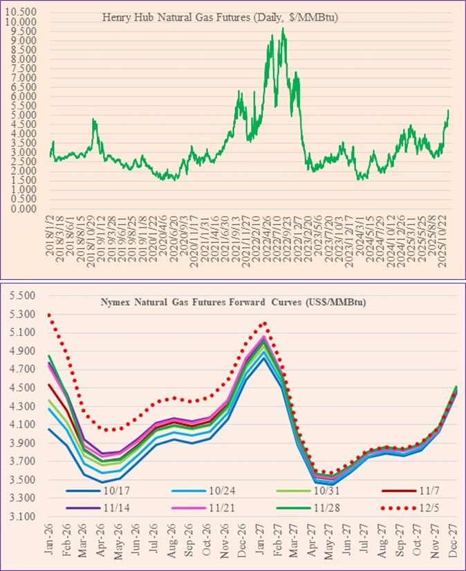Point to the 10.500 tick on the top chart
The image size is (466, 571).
point(24,12)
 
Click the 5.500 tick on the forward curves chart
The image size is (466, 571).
point(21,296)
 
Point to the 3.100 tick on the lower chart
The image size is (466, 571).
point(21,516)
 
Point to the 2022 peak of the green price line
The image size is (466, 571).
point(283,29)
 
